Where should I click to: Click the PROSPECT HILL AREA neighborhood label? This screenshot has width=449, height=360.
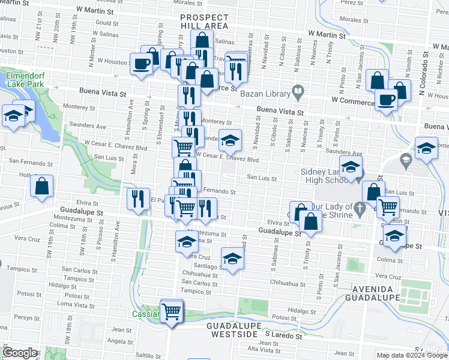(205, 22)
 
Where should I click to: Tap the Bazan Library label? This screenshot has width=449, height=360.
(265, 92)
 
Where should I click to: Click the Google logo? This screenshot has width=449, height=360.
(20, 352)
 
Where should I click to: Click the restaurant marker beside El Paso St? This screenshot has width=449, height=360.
(139, 198)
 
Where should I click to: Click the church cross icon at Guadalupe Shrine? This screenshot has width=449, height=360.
(360, 209)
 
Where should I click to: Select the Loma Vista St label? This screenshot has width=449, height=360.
(77, 305)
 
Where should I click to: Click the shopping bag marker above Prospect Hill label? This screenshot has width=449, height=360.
(202, 41)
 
